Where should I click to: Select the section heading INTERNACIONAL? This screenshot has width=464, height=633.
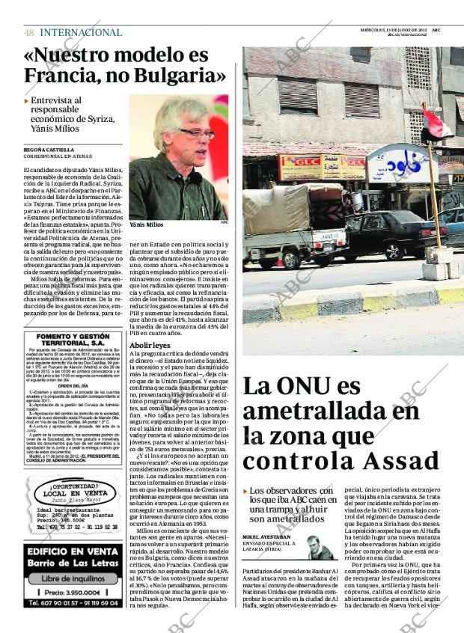[x=81, y=32]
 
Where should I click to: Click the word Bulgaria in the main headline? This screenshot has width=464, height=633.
[x=178, y=75]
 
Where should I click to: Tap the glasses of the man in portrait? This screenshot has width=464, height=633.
[x=196, y=133]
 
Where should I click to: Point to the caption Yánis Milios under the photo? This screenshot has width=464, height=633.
[x=144, y=224]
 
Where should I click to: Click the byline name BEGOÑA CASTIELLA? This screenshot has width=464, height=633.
[x=49, y=150]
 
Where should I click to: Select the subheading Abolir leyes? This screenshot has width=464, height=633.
[x=150, y=345]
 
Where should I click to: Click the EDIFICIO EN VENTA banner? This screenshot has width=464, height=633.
[x=73, y=552]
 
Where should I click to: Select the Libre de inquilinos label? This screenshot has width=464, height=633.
[x=73, y=578]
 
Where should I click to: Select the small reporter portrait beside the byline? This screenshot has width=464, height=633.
[x=320, y=548]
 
